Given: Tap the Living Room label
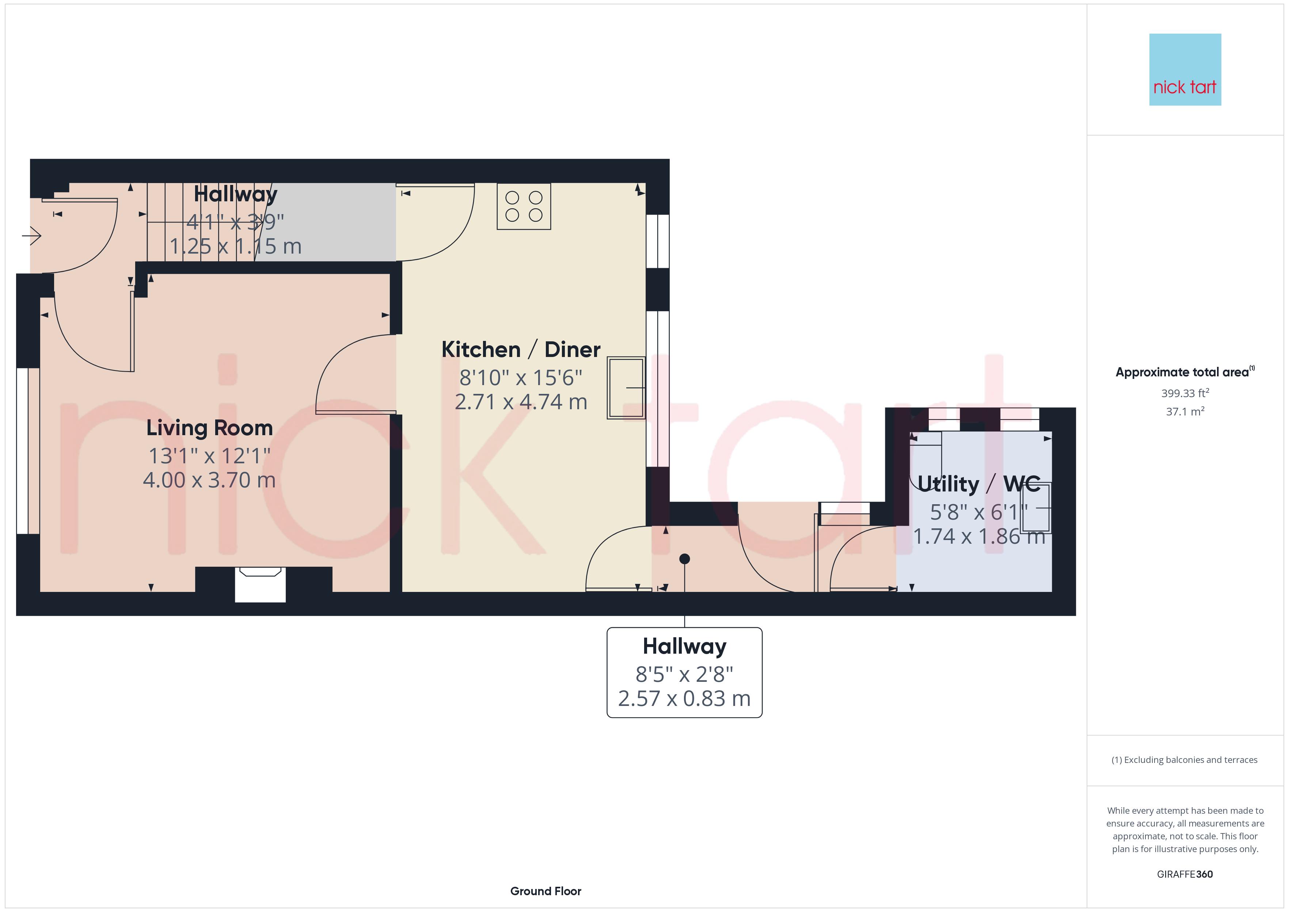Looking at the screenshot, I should coord(209,428).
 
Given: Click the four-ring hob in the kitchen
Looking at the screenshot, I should coord(524,206).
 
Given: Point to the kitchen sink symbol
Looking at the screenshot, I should coord(626,387).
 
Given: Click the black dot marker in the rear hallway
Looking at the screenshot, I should coord(684,559).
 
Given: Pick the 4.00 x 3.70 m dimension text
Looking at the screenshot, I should coord(209,480).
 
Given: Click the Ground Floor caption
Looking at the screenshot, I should coord(545,891).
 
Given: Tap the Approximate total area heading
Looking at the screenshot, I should coord(1183,372).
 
